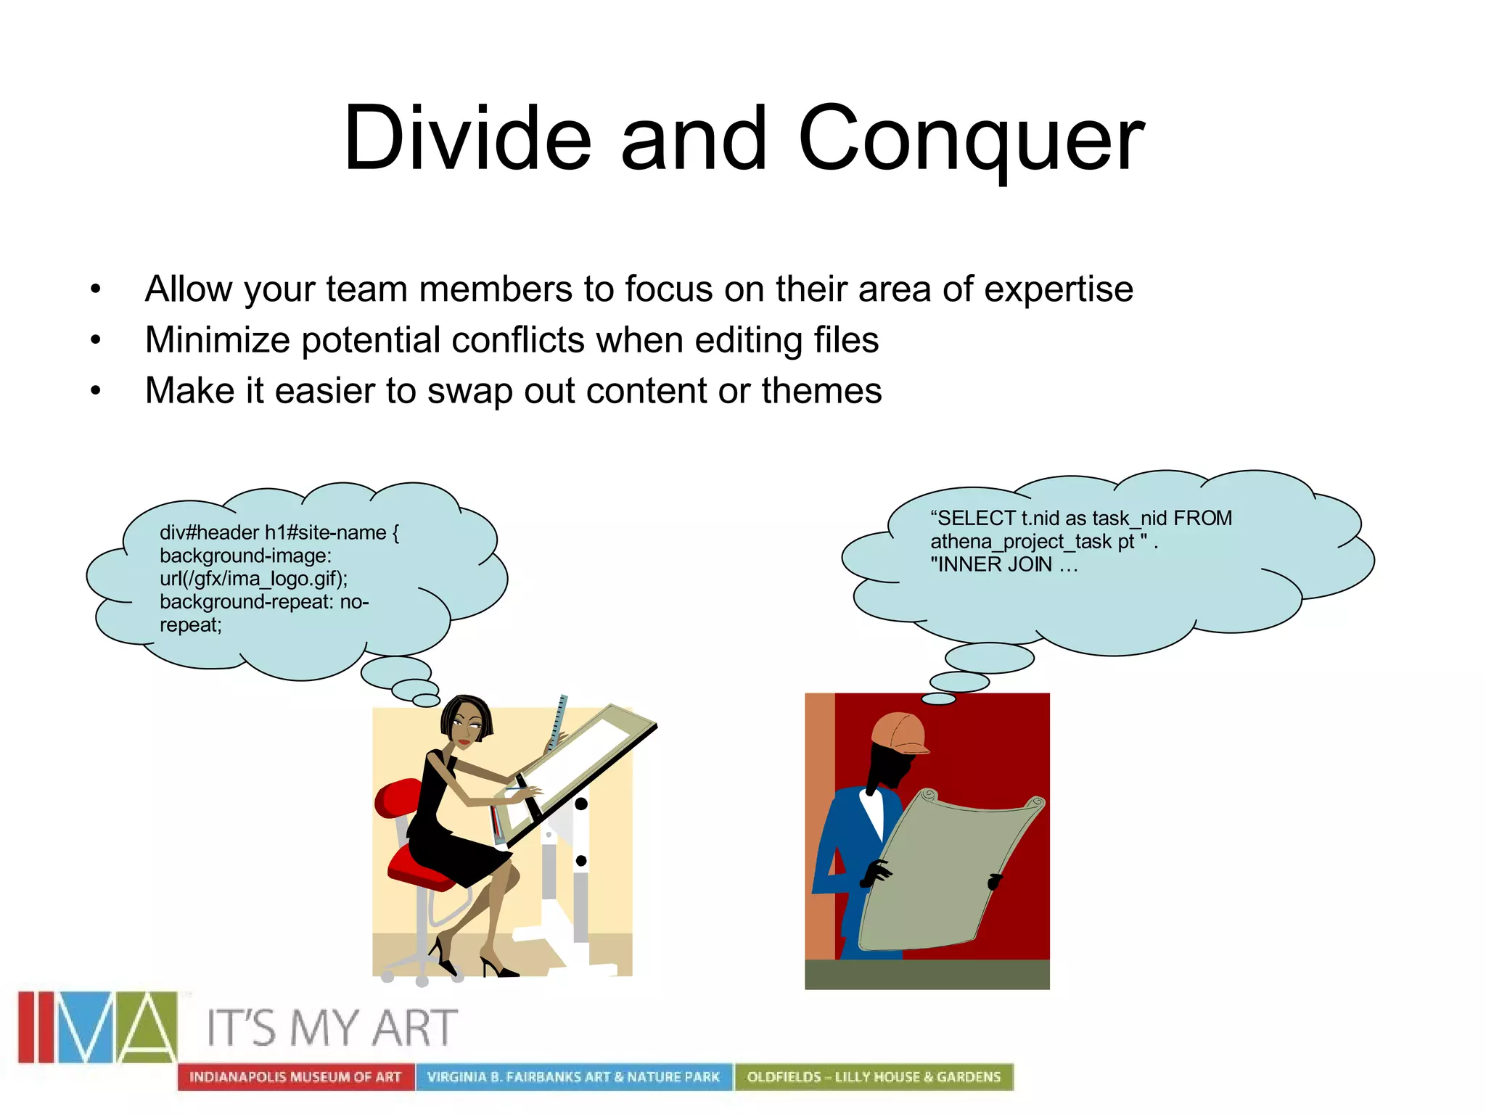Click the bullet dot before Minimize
pyautogui.click(x=96, y=340)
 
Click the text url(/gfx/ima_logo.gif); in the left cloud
pyautogui.click(x=253, y=579)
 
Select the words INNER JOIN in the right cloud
pyautogui.click(x=994, y=564)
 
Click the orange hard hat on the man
pyautogui.click(x=900, y=733)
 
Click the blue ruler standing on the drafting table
pyautogui.click(x=558, y=722)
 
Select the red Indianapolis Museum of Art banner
pyautogui.click(x=295, y=1077)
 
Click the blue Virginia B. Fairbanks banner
pyautogui.click(x=573, y=1077)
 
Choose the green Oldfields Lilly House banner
pyautogui.click(x=874, y=1077)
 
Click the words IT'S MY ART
pyautogui.click(x=332, y=1028)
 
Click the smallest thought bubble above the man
pyautogui.click(x=938, y=699)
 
